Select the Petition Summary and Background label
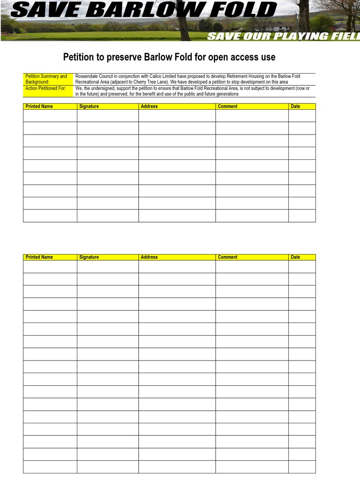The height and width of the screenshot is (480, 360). (x=46, y=79)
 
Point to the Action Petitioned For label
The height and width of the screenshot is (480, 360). (x=45, y=88)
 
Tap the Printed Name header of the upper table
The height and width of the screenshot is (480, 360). (x=39, y=106)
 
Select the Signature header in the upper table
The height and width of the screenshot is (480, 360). (x=89, y=106)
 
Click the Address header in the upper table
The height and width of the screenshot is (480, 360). (x=149, y=106)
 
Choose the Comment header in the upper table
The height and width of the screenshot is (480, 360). (x=227, y=106)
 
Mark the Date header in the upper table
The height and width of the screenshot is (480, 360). (x=295, y=106)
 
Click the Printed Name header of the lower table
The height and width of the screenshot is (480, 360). (x=39, y=257)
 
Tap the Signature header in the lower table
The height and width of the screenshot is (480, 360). (x=89, y=257)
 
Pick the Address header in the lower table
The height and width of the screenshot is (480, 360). (x=149, y=257)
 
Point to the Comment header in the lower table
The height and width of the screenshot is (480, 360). (x=227, y=257)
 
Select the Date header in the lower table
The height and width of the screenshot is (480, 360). (x=295, y=257)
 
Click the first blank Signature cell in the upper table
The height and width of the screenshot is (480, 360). (x=107, y=115)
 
